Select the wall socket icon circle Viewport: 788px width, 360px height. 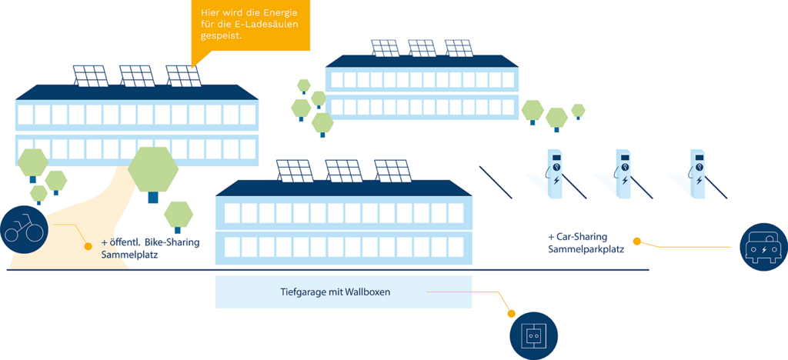point(533,336)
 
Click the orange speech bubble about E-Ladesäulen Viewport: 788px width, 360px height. point(250,25)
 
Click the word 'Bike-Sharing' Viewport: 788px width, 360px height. point(172,242)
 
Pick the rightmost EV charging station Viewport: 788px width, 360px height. point(698,175)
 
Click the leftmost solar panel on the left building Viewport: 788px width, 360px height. point(91,76)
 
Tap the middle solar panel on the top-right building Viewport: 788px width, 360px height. point(422,48)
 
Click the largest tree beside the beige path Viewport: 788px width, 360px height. point(153,172)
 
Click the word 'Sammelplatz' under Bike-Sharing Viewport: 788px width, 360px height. point(129,255)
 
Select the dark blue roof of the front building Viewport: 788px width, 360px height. point(343,188)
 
